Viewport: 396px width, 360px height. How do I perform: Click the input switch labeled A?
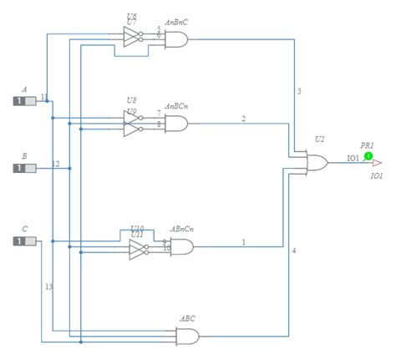24,101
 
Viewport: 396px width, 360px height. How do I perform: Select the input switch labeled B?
24,168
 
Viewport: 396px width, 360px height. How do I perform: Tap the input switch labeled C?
24,241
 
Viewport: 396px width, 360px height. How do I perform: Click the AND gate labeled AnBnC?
177,38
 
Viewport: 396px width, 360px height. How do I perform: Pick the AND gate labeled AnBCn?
177,124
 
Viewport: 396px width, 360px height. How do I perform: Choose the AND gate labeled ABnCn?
181,246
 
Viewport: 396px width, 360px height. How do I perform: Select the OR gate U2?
318,162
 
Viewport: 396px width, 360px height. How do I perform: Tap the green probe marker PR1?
368,155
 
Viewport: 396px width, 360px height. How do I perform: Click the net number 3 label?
299,90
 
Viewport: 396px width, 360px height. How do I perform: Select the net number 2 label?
244,119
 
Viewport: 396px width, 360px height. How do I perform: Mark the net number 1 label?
244,242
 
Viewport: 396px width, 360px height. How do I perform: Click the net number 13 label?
48,286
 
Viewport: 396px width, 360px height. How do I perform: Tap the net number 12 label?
56,163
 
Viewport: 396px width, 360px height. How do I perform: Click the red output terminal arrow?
377,163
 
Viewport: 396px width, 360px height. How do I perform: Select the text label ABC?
188,318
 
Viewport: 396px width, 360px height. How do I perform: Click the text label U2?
319,139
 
